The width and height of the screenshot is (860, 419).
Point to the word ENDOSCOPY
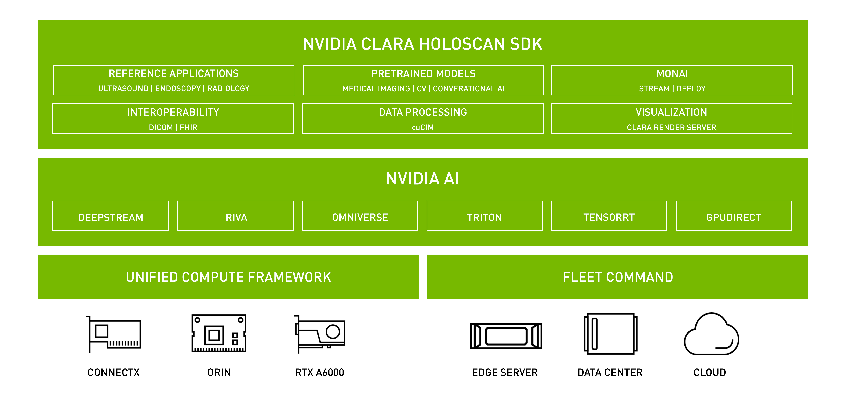[x=178, y=88]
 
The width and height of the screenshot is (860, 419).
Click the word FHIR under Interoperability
[x=189, y=127]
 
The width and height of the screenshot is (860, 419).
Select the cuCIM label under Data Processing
[x=423, y=127]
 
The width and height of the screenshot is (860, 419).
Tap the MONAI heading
[x=672, y=73]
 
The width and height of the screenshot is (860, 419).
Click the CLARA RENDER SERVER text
[x=671, y=127]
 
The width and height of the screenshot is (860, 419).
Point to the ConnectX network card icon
[x=114, y=334]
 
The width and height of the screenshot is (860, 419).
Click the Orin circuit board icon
[x=219, y=333]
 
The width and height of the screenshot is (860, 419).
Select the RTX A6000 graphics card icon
[x=320, y=334]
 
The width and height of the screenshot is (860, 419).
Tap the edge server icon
[x=506, y=336]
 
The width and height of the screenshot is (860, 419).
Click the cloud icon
[x=711, y=334]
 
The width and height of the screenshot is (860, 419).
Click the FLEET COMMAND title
[x=618, y=277]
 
